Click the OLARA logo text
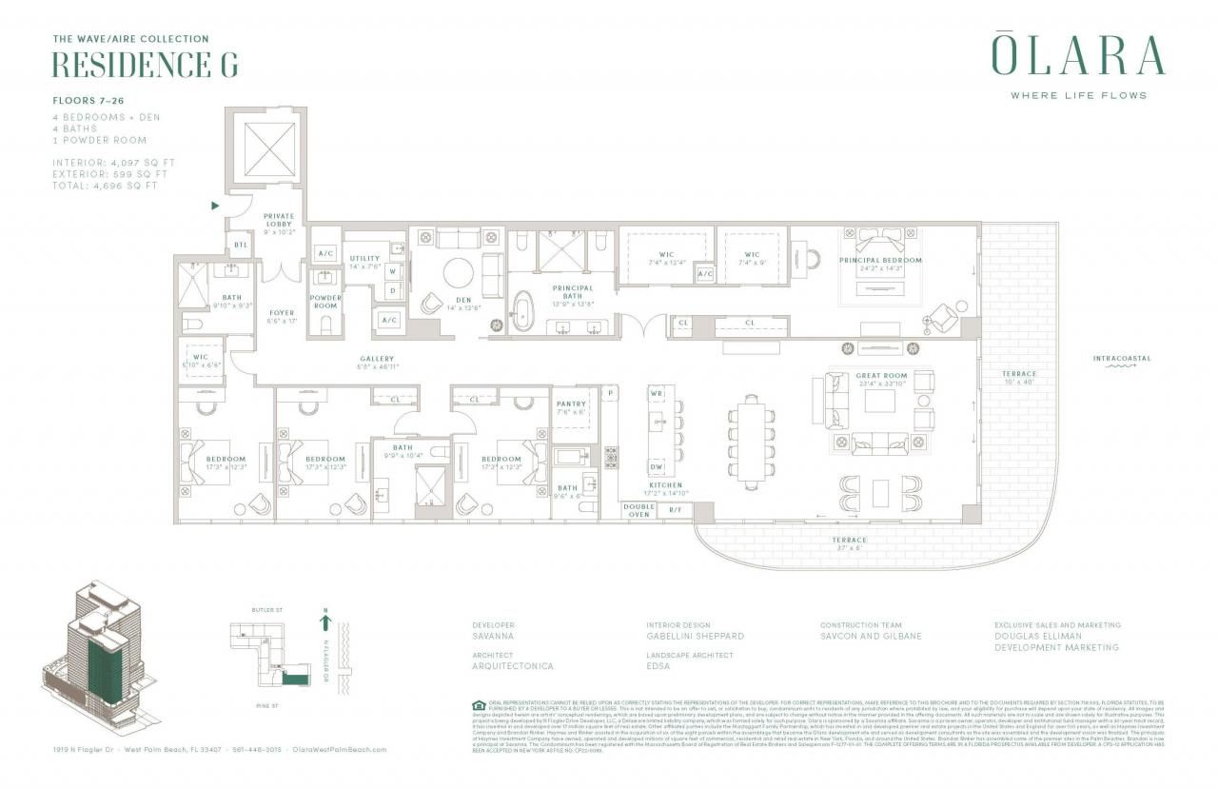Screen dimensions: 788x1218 pos(1078,56)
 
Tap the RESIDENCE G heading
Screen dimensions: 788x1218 pos(144,65)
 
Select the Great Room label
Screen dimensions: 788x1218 pos(881,376)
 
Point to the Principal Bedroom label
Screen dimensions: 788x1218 pos(880,260)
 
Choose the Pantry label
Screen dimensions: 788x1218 pos(572,404)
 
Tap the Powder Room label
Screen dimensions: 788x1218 pos(325,302)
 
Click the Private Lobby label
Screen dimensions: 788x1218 pos(279,221)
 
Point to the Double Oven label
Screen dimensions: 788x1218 pos(638,511)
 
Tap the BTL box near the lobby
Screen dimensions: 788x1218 pos(241,246)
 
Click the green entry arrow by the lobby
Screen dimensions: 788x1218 pos(215,205)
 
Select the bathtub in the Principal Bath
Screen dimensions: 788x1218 pos(523,313)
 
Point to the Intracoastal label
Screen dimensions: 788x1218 pos(1121,359)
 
